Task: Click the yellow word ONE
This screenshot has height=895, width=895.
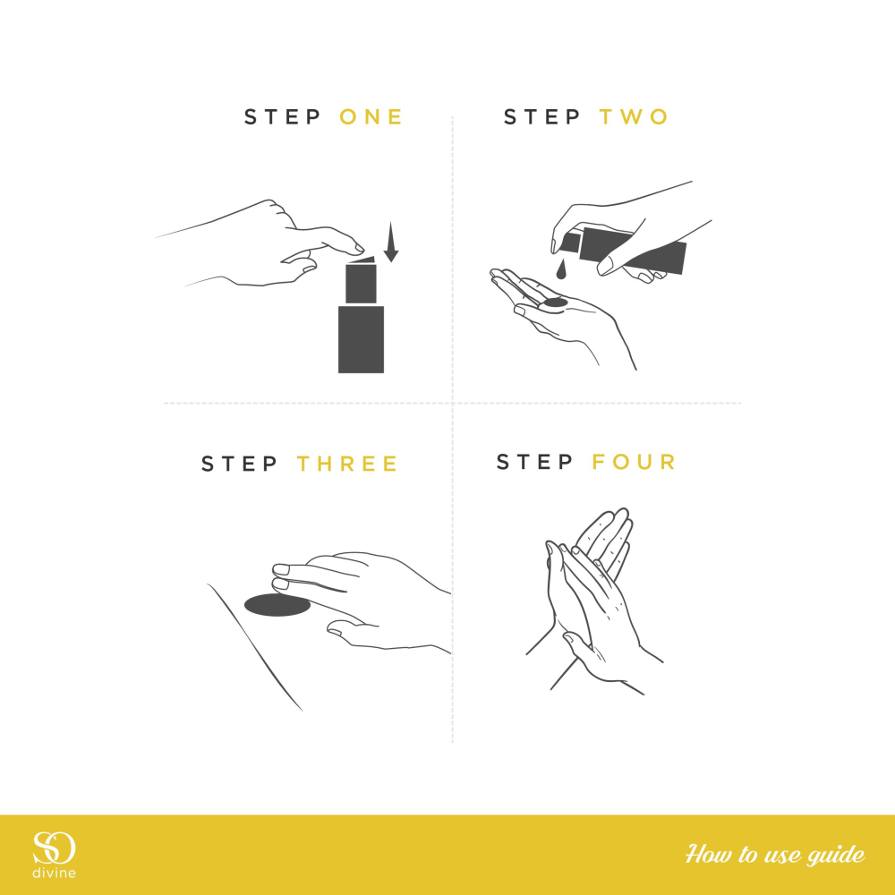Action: pos(371,117)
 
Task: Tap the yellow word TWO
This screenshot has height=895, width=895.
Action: pos(634,117)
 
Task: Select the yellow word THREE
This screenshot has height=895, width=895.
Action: pos(347,464)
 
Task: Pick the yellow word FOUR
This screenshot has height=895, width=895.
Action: pos(634,461)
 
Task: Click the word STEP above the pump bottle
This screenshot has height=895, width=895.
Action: pos(283,117)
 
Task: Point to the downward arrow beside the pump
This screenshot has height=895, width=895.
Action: pos(390,242)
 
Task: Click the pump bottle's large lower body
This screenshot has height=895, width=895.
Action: pos(361,339)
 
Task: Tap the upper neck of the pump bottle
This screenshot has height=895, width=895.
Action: pos(361,284)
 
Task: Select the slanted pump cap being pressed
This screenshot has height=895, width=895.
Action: pos(362,260)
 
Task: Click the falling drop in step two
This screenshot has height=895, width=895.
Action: pos(562,270)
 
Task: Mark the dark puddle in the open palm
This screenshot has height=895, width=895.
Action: pos(555,303)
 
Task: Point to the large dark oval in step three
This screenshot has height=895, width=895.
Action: pos(277,605)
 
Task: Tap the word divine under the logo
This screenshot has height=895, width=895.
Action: pos(54,873)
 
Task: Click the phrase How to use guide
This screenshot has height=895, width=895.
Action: pos(774,855)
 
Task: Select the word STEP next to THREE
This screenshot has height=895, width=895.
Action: pos(240,464)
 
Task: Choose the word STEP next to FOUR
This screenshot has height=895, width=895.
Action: pos(535,461)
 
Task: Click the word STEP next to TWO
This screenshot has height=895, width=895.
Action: pos(541,117)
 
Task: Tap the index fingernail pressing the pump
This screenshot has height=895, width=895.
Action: pos(359,248)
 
